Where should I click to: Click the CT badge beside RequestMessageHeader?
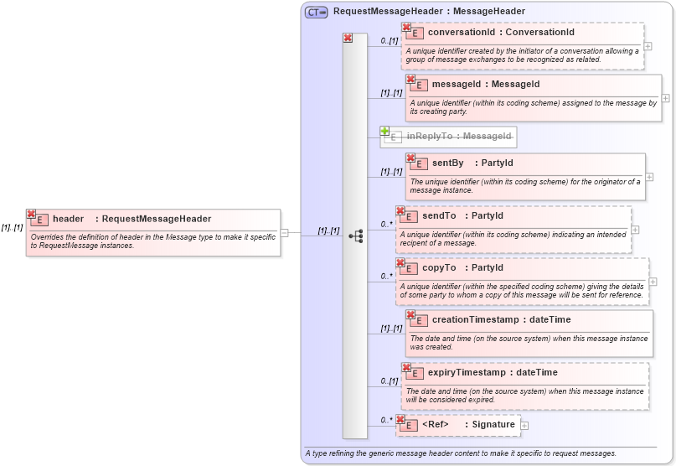coord(316,12)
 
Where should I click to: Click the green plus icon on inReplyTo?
coord(384,132)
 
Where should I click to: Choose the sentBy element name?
coord(448,163)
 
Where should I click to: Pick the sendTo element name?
coord(439,216)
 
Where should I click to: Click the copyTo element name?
coord(439,268)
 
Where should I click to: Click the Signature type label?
coord(493,425)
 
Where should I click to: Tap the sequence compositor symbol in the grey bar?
coord(355,236)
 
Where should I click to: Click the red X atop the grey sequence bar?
coord(348,38)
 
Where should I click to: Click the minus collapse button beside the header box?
coord(285,234)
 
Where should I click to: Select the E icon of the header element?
coord(39,220)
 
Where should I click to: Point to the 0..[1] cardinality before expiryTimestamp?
coord(388,381)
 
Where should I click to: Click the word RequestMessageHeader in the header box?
coord(157,220)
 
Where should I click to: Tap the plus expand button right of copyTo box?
coord(653,282)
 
